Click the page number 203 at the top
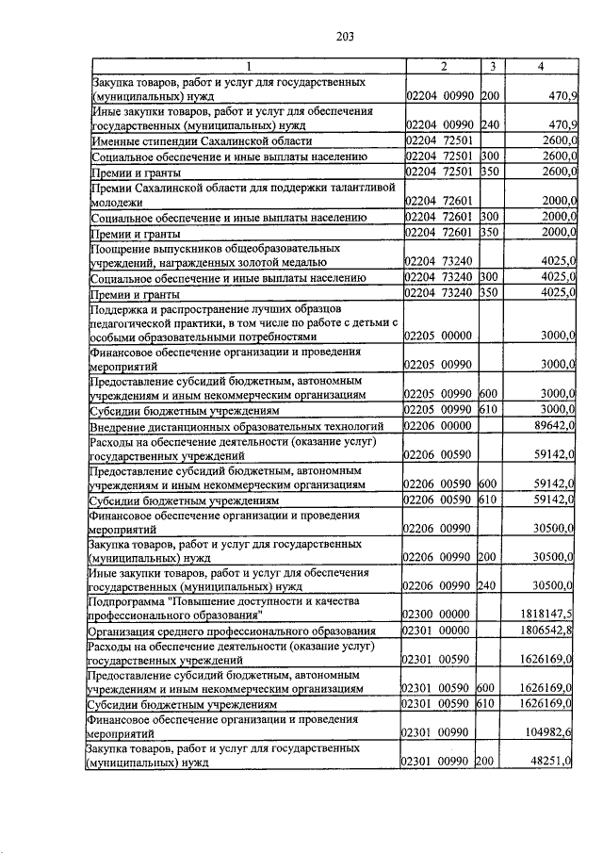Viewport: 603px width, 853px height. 344,37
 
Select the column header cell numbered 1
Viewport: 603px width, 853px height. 247,66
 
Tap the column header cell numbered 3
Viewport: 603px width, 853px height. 491,66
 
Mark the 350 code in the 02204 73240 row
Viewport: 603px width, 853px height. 489,293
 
